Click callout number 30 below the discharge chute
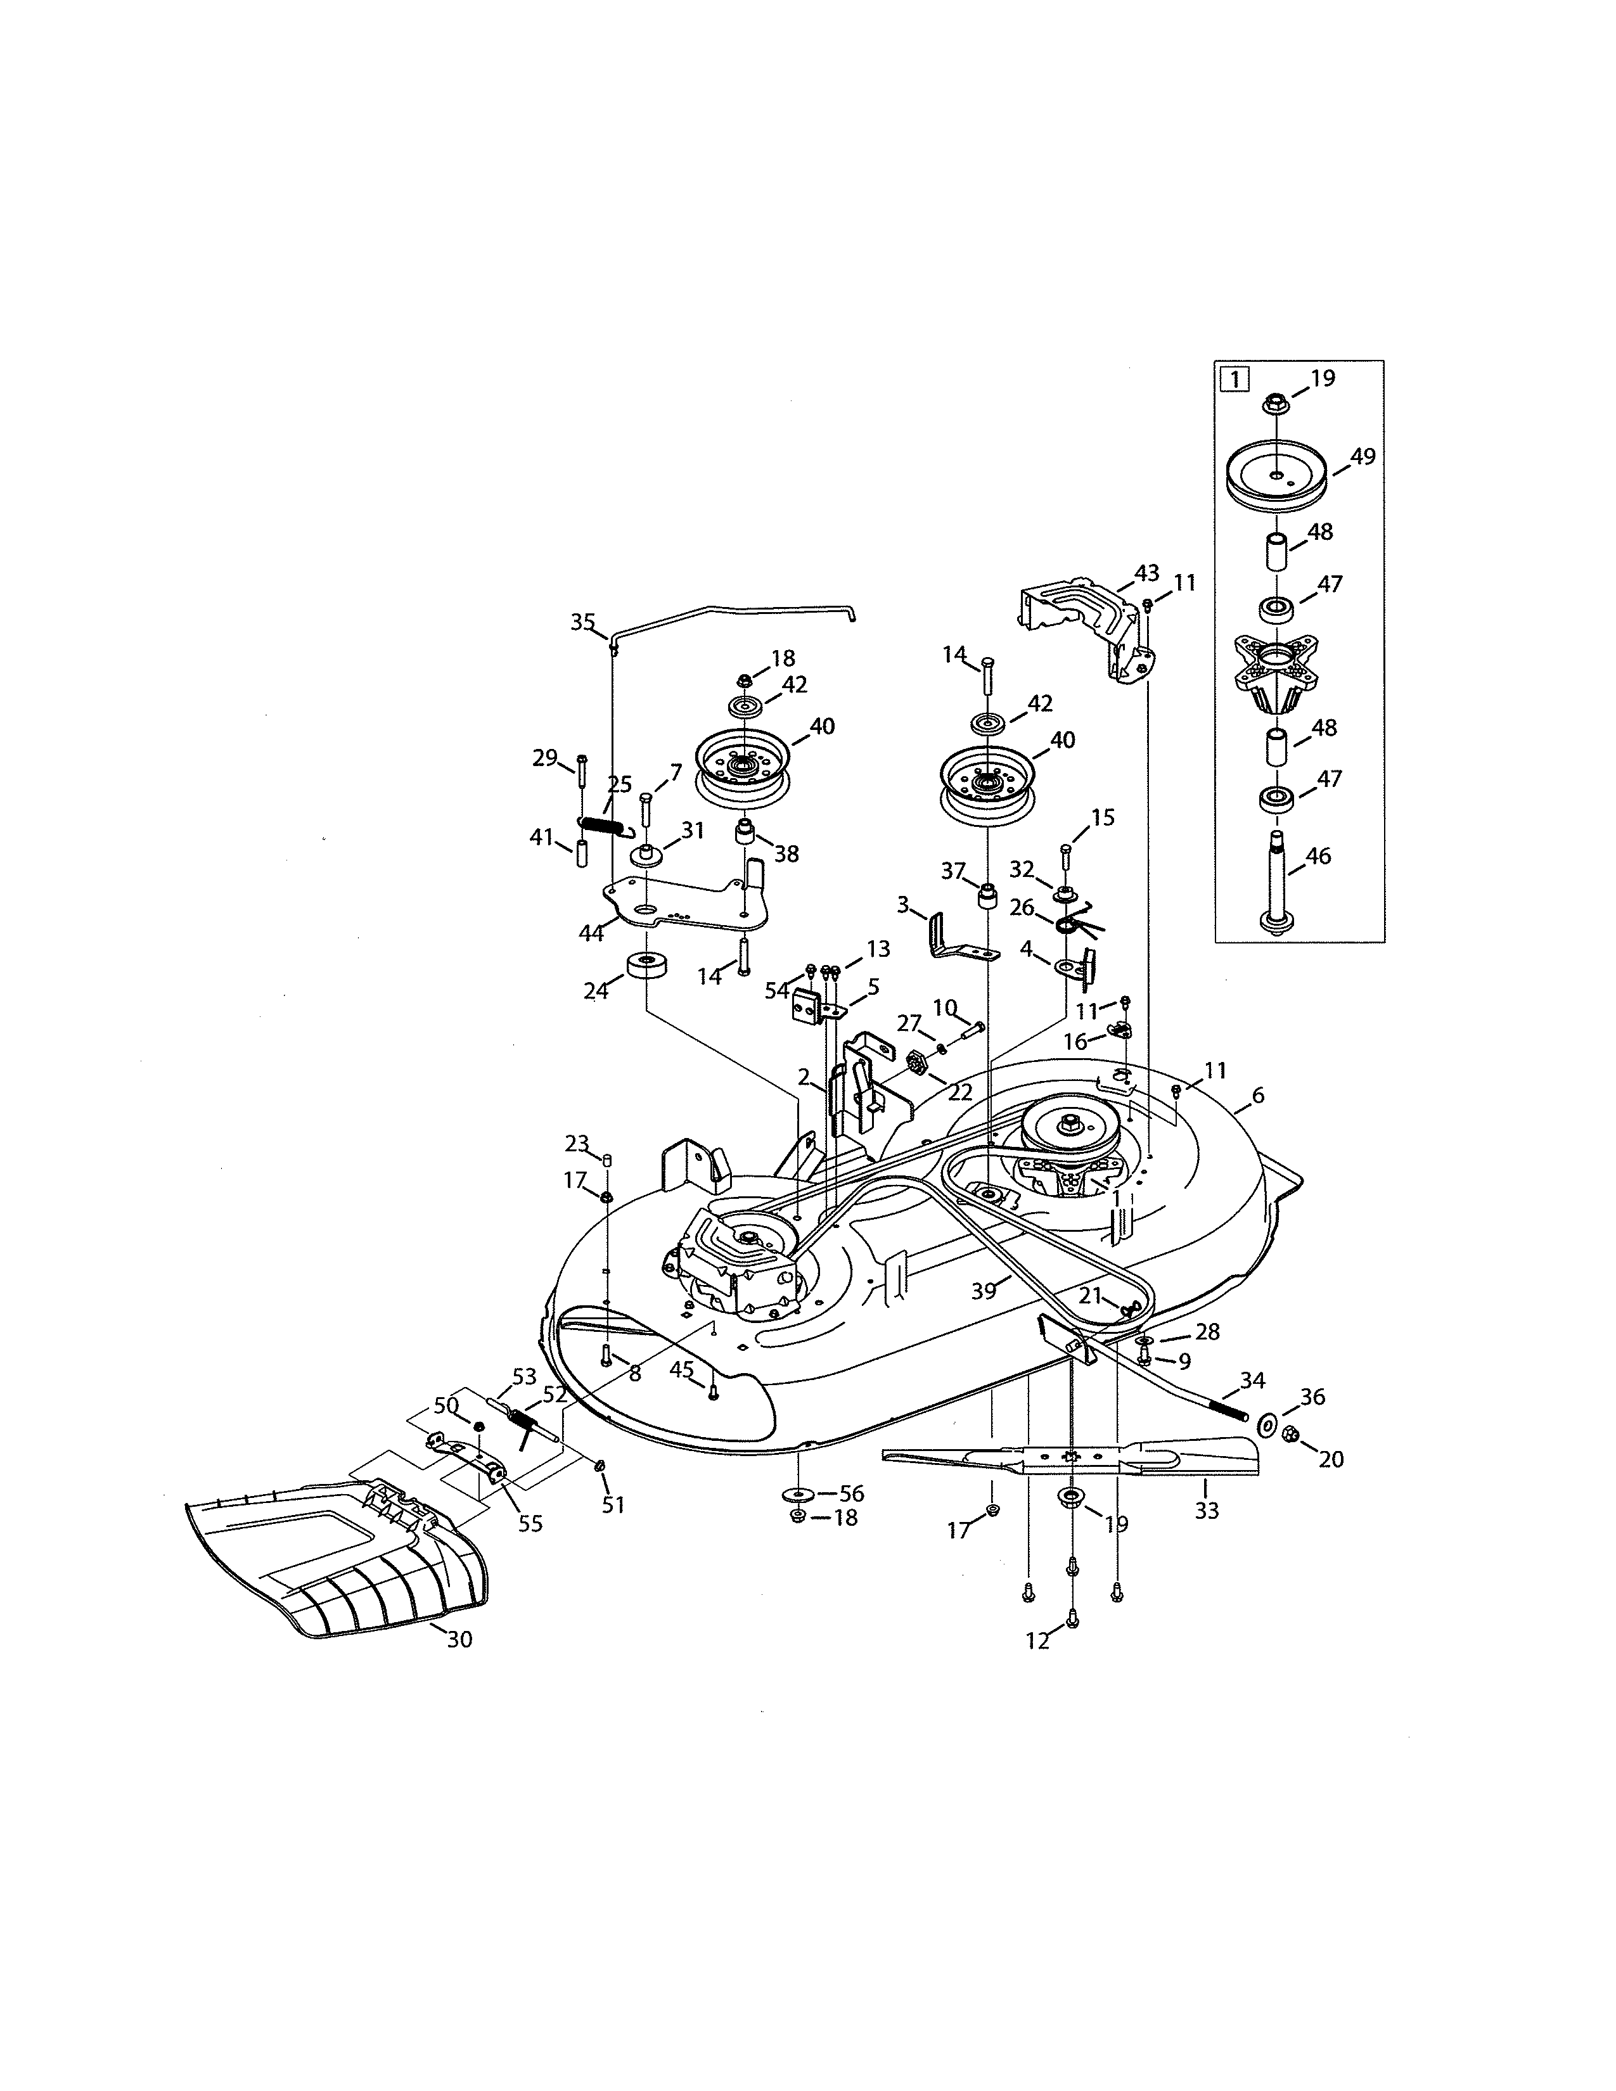(459, 1640)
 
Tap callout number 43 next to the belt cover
(1146, 573)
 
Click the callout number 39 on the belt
(983, 1291)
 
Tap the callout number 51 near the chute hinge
(613, 1504)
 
